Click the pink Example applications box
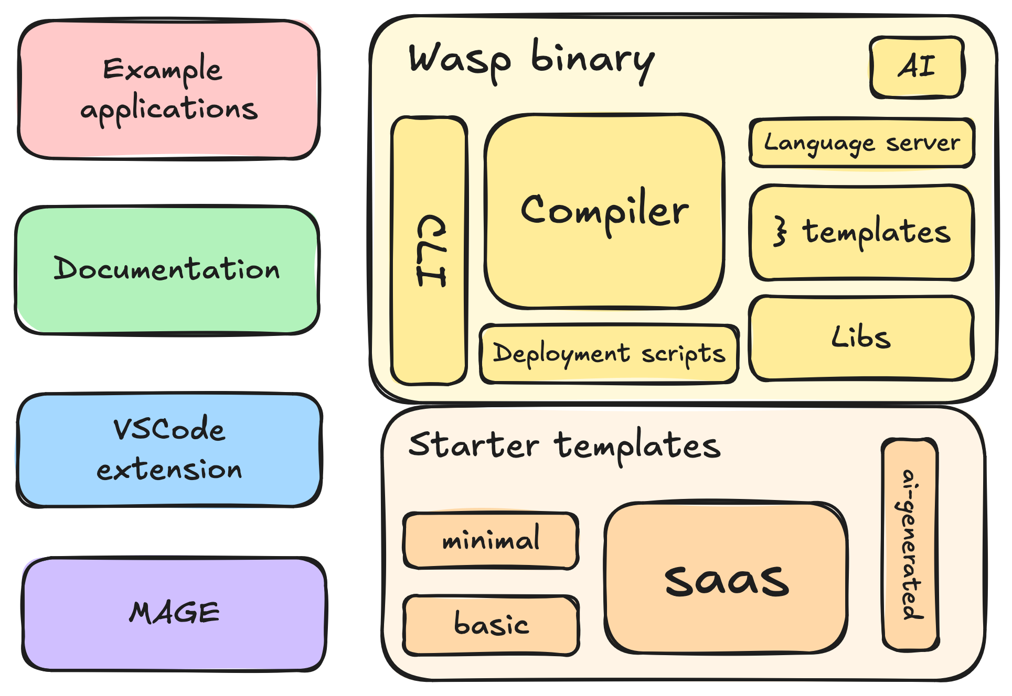click(168, 89)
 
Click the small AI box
click(917, 67)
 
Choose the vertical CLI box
click(429, 251)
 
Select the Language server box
click(861, 143)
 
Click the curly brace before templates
click(781, 232)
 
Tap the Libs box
click(861, 338)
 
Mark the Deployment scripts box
click(609, 354)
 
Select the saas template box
click(726, 579)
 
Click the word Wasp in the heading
click(460, 61)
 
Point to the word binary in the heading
click(593, 61)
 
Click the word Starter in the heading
click(473, 445)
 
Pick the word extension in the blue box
click(169, 470)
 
